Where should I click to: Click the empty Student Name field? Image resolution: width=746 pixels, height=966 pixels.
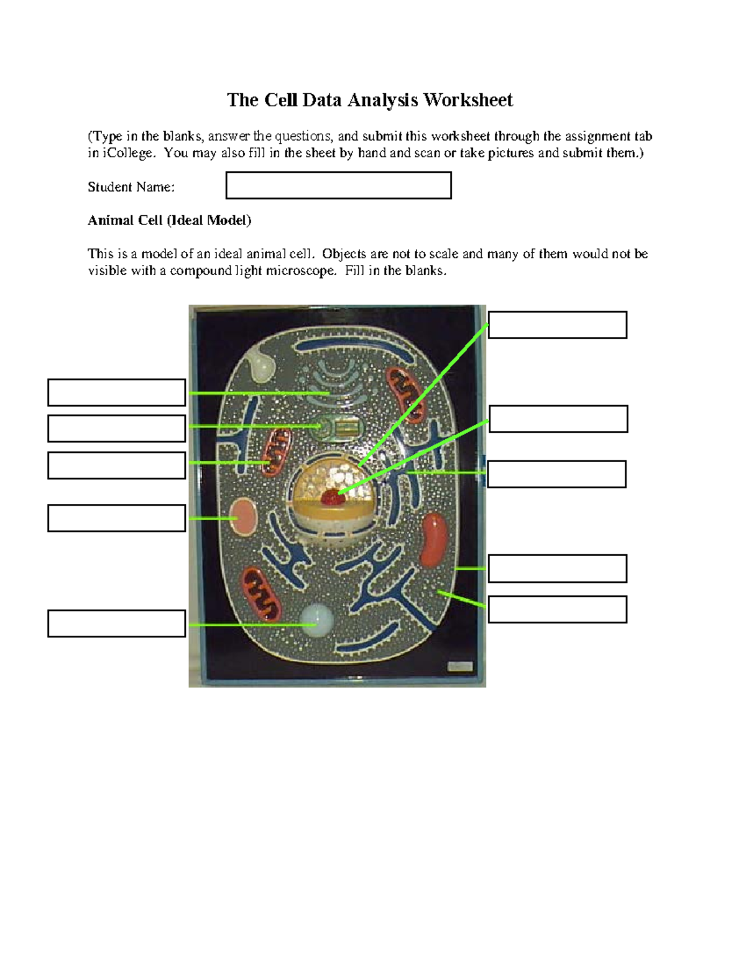338,185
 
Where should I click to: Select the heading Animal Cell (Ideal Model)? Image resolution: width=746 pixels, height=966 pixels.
169,220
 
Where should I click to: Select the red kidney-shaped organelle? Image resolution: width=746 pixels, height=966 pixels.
433,539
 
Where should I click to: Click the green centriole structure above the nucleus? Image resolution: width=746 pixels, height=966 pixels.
339,426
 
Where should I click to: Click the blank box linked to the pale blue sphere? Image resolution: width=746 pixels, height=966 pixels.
116,623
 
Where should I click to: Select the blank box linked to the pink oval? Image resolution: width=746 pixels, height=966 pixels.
116,518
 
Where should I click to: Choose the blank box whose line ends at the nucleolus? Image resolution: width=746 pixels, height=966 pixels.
558,419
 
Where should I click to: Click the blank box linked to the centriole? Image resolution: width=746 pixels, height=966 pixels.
116,429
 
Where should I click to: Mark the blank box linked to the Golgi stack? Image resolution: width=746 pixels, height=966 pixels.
116,392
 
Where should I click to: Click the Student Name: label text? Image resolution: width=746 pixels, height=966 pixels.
131,187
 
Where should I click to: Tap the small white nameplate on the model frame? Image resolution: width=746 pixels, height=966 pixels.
461,666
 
